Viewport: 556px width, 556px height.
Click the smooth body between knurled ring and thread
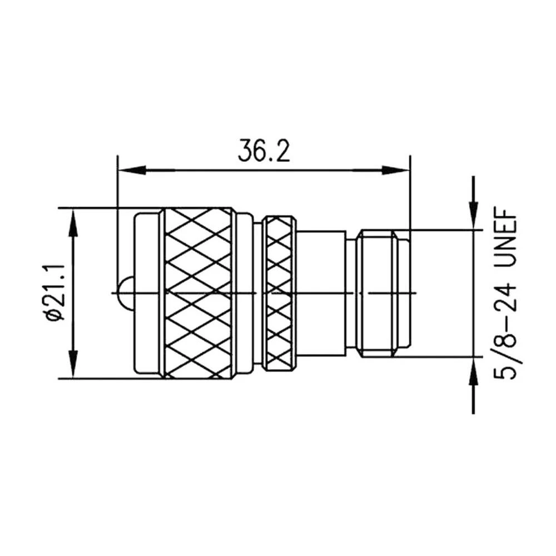tap(322, 292)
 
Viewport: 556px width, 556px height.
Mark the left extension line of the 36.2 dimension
tap(117, 222)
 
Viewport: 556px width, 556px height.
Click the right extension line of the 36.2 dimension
tap(409, 195)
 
